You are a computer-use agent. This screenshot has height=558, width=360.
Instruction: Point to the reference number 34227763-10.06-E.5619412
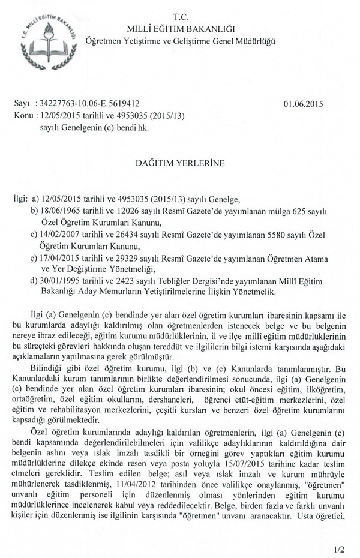(x=89, y=104)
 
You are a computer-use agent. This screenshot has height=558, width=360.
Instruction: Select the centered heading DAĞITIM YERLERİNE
(x=181, y=163)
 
